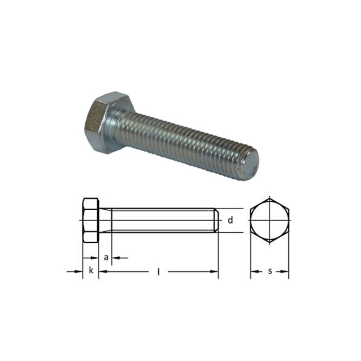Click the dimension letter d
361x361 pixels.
pos(230,220)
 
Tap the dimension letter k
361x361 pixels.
pos(91,270)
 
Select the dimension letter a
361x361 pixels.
pos(106,258)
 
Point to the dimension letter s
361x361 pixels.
pos(270,272)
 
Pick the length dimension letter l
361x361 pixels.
pos(158,272)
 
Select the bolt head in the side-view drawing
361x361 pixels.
pos(91,220)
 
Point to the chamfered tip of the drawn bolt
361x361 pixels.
pos(217,220)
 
